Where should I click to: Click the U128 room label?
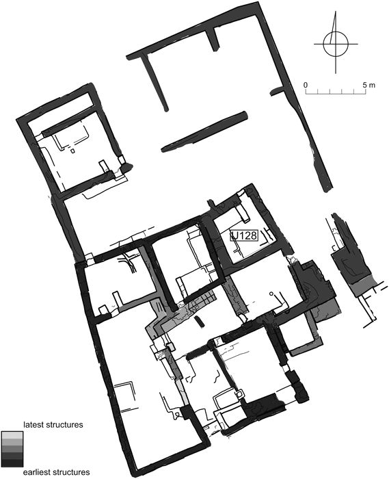[244, 235]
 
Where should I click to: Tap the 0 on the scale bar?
[306, 85]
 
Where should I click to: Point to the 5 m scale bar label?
[369, 85]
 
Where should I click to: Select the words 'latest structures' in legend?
[53, 425]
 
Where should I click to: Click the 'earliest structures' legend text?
[57, 471]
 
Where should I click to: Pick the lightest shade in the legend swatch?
[12, 435]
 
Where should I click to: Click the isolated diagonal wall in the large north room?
[204, 131]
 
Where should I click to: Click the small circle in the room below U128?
[271, 294]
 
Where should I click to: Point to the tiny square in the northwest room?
[72, 151]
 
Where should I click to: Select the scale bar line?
[336, 92]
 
